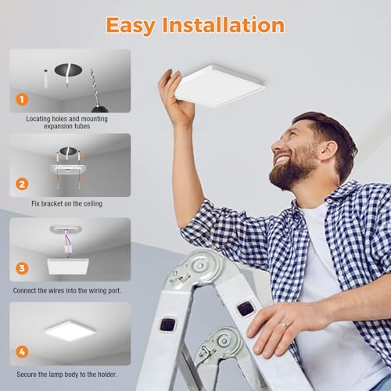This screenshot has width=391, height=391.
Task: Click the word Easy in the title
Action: [134, 25]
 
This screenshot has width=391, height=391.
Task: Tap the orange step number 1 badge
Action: [23, 99]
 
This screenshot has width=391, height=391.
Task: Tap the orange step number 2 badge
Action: [23, 185]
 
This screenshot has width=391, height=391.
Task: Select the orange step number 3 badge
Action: [23, 268]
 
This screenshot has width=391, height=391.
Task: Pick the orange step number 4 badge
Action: [23, 353]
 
